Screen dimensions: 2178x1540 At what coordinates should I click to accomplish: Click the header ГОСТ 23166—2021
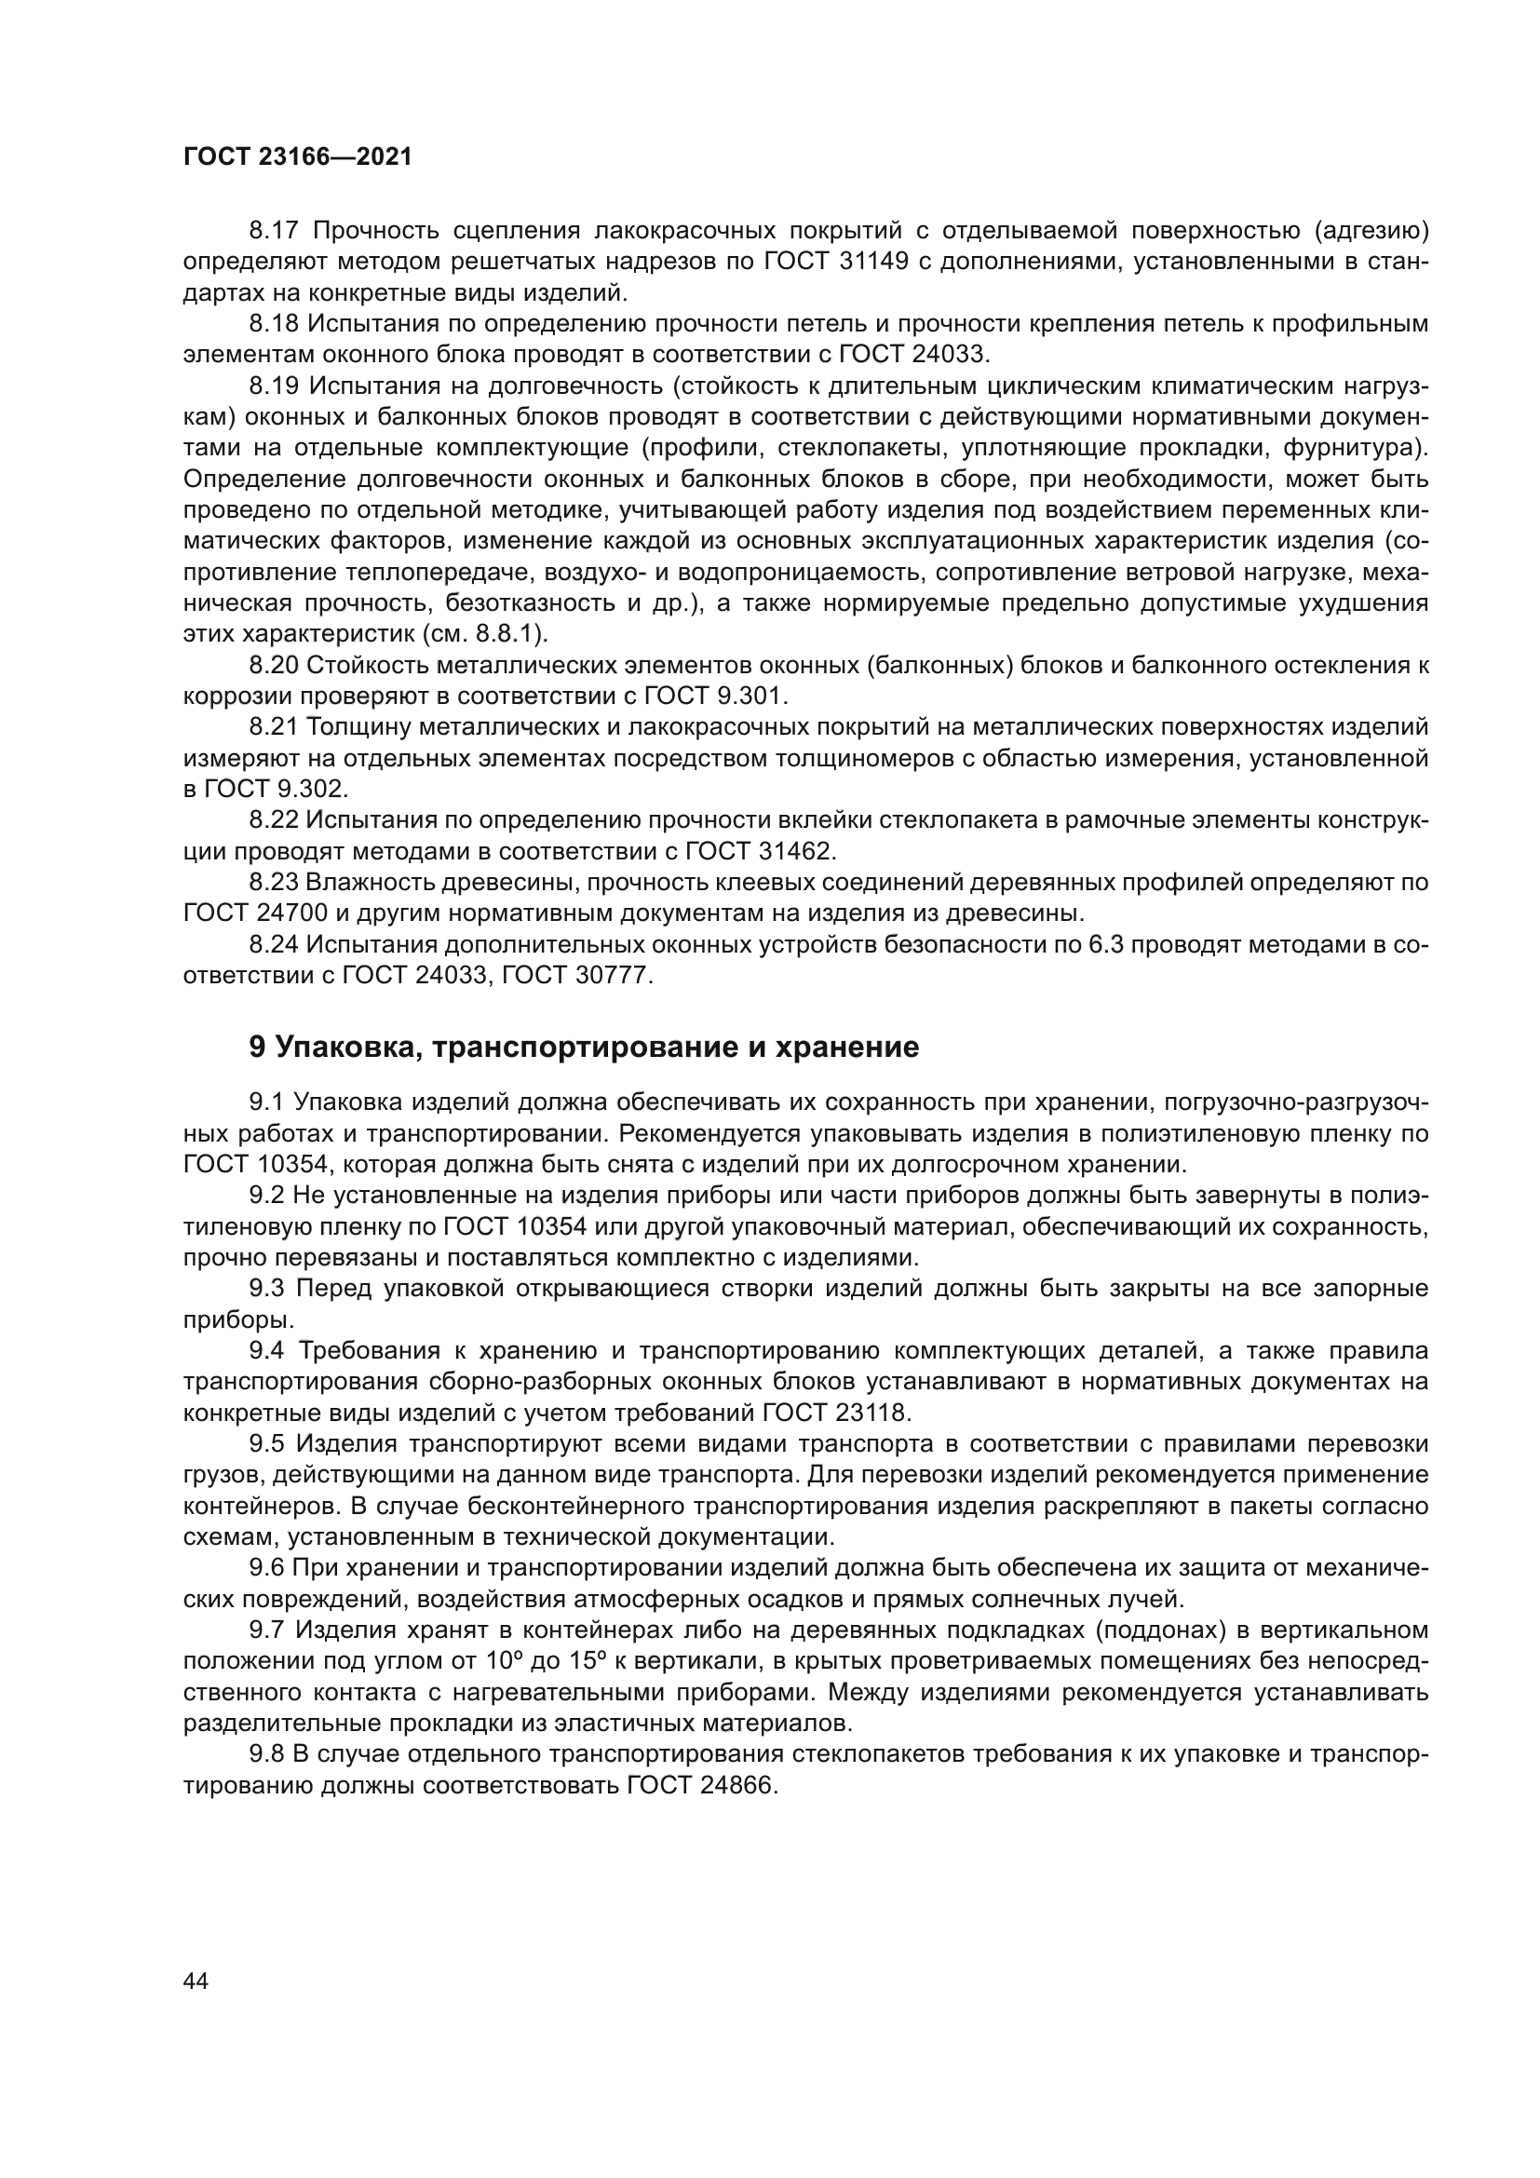(298, 157)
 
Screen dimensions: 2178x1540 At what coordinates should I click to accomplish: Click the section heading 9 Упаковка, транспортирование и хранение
(584, 1048)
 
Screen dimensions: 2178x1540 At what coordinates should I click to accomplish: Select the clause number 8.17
(274, 231)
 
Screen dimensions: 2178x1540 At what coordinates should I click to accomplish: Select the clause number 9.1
(265, 1103)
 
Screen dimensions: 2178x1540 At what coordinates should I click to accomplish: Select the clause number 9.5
(266, 1445)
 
